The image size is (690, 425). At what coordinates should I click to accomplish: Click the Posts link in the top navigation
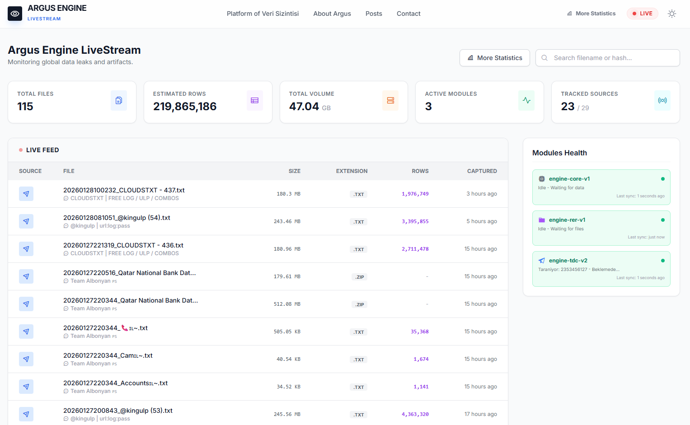[x=374, y=14]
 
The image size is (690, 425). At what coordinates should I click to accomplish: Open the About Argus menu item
[x=332, y=14]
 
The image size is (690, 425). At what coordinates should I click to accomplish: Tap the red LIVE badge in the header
[x=642, y=14]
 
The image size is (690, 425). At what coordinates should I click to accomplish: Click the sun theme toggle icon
[x=672, y=14]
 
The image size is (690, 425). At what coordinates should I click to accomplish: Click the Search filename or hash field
[x=607, y=58]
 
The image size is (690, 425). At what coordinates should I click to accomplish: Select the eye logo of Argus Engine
[x=15, y=14]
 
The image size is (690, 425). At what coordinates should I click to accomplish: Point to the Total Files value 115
[x=25, y=107]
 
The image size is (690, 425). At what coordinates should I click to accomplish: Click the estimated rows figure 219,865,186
[x=185, y=107]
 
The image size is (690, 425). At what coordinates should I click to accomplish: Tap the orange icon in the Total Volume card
[x=390, y=100]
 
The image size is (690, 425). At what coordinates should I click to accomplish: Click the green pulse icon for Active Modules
[x=526, y=100]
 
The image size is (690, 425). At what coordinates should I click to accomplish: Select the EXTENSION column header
[x=352, y=171]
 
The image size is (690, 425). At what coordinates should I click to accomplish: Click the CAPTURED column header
[x=482, y=171]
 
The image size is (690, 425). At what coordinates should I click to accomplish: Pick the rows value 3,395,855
[x=415, y=221]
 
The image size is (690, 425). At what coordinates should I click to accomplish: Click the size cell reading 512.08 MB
[x=287, y=304]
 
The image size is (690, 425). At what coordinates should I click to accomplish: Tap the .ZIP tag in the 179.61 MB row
[x=359, y=277]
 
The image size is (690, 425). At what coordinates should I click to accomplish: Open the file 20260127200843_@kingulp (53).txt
[x=117, y=411]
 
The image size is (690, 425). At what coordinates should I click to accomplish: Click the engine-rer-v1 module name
[x=567, y=220]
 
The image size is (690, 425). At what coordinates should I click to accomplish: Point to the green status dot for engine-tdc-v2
[x=663, y=261]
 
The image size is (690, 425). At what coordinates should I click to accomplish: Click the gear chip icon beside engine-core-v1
[x=541, y=178]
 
